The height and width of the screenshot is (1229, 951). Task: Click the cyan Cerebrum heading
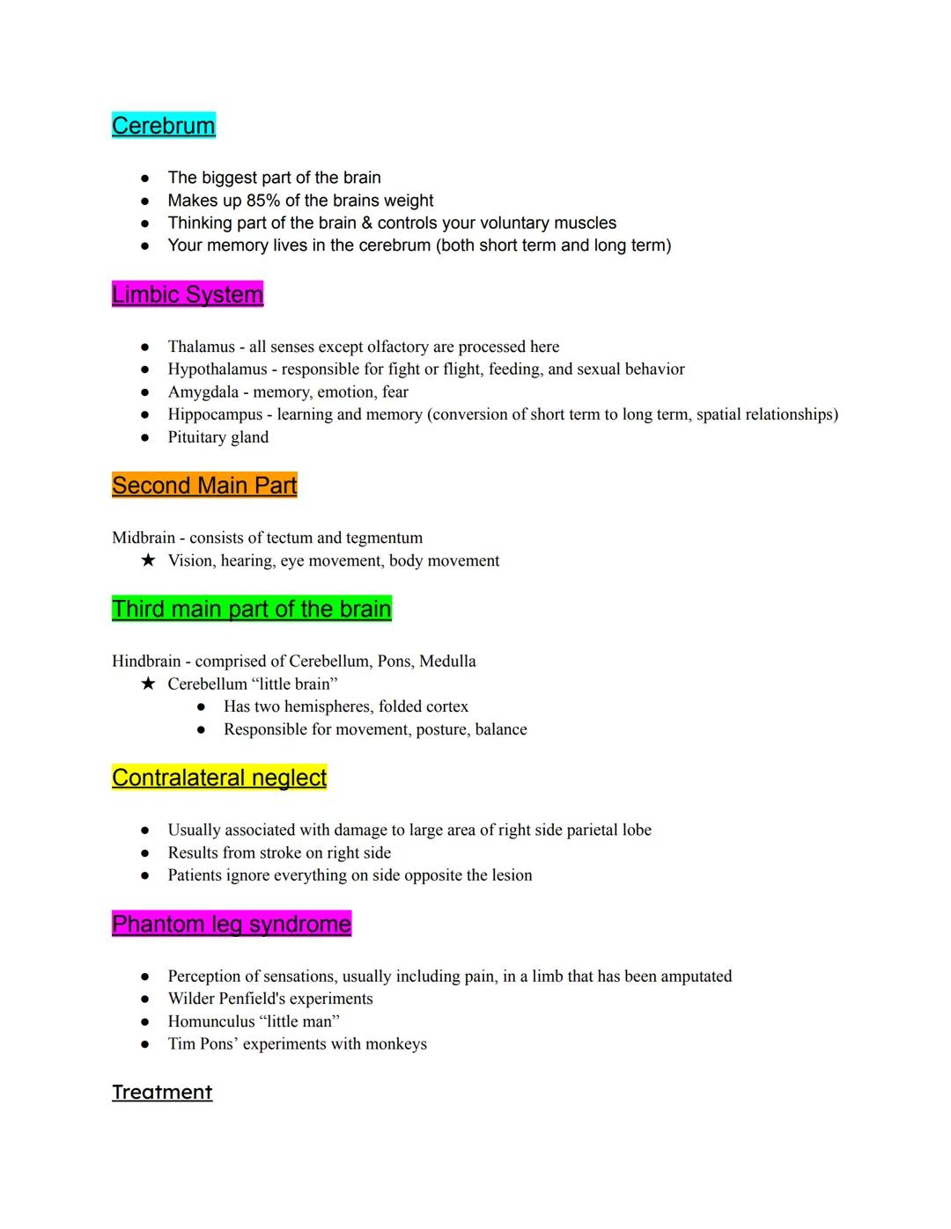(x=164, y=126)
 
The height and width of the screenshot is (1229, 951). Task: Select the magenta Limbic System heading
(x=188, y=295)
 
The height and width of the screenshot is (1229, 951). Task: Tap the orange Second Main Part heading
(x=204, y=486)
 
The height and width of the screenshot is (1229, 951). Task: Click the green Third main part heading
(x=251, y=609)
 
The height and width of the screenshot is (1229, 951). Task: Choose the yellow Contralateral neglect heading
(x=219, y=778)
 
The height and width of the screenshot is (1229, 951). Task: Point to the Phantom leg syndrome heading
(x=232, y=924)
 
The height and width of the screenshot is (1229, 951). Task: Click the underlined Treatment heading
(x=162, y=1092)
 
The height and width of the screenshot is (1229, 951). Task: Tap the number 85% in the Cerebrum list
(x=262, y=201)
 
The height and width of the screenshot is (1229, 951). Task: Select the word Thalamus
(x=201, y=347)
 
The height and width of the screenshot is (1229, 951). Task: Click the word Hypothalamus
(x=217, y=369)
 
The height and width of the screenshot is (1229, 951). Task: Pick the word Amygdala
(x=203, y=391)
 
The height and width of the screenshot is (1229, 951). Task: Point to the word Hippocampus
(x=215, y=414)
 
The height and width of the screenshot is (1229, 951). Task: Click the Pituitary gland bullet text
(x=218, y=437)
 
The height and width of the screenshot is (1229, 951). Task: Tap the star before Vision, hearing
(x=148, y=560)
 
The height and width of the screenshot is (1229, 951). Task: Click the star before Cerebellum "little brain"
(x=148, y=684)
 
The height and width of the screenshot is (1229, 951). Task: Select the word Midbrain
(x=143, y=538)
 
